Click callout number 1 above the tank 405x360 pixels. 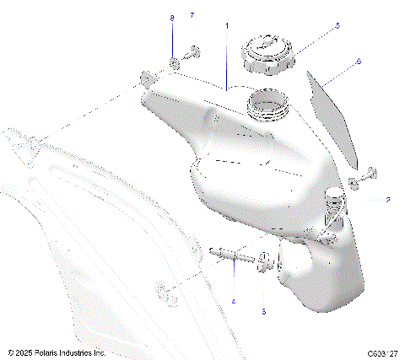[226, 26]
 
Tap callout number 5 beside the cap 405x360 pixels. [337, 26]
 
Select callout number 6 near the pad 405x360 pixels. [358, 62]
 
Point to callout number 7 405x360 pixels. [192, 16]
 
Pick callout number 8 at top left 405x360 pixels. [172, 18]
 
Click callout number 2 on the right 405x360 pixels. [386, 200]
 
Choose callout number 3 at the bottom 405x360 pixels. [263, 311]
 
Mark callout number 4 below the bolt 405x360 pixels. [234, 301]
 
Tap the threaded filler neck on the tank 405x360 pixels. [268, 108]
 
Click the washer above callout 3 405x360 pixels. [263, 261]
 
